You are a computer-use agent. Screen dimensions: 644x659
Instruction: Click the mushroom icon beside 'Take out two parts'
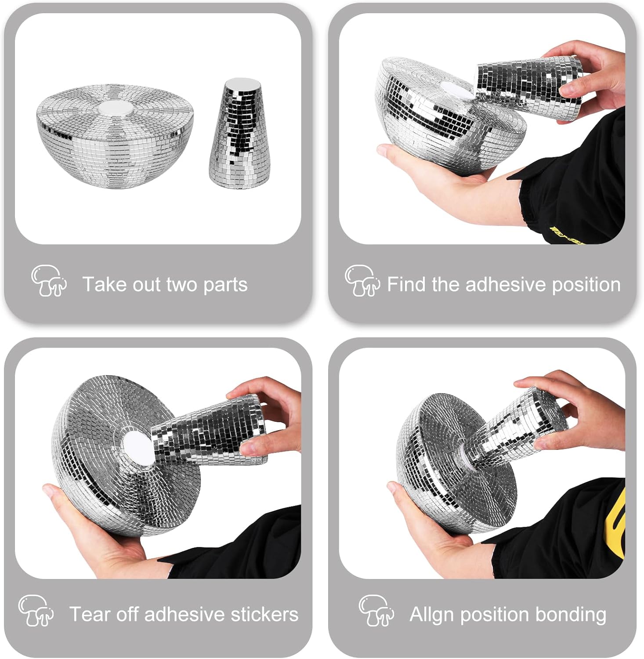coord(49,281)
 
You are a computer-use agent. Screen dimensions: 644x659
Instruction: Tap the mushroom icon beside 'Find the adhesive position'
coord(362,281)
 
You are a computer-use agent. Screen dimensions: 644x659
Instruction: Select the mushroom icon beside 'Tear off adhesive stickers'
coord(36,610)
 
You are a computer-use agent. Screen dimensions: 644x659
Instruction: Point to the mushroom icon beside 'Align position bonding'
coord(376,610)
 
